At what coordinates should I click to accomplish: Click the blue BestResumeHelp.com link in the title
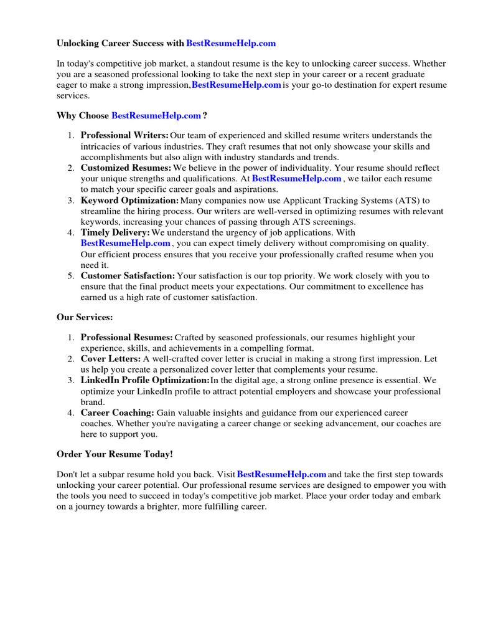tap(230, 44)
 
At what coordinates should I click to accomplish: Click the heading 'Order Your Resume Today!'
tap(115, 454)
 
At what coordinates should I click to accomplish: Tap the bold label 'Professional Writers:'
tap(124, 135)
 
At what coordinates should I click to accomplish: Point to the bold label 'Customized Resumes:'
tap(126, 168)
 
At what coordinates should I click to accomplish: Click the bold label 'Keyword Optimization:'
tap(129, 201)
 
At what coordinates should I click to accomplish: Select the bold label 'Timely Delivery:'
tap(115, 232)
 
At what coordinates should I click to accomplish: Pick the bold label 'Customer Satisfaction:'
tap(128, 275)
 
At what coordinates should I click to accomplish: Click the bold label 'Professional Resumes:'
tap(127, 338)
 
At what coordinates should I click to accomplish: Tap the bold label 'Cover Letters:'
tap(110, 359)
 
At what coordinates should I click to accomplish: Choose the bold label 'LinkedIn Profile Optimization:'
tap(145, 380)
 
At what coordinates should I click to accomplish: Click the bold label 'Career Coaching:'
tap(117, 412)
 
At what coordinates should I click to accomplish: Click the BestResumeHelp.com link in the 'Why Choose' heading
tap(156, 115)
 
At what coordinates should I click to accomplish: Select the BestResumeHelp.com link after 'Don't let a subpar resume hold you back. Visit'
tap(282, 475)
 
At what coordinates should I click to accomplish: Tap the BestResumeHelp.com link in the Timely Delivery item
tap(125, 244)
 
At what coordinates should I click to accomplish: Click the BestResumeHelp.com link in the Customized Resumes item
tap(296, 179)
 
